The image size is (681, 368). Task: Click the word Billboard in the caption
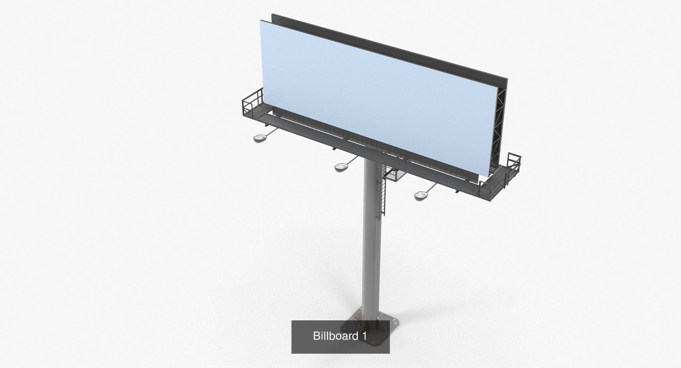[335, 336]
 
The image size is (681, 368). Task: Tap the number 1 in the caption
[364, 336]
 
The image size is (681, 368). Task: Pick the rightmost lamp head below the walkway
[420, 195]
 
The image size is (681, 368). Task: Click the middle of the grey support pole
[370, 238]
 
